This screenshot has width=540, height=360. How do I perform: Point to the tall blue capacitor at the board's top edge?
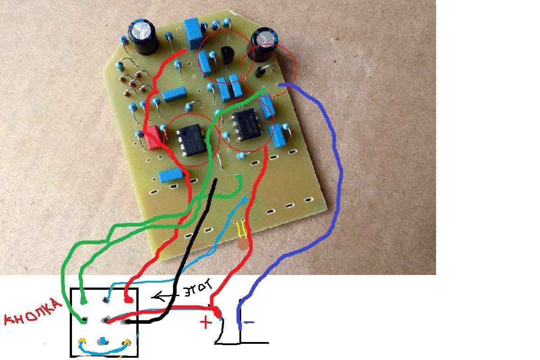192,33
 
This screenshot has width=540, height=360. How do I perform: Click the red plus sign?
205,322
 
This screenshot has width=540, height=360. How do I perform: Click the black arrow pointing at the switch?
166,296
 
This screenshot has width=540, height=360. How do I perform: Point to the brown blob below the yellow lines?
242,244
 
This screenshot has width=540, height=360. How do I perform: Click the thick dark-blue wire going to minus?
333,171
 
